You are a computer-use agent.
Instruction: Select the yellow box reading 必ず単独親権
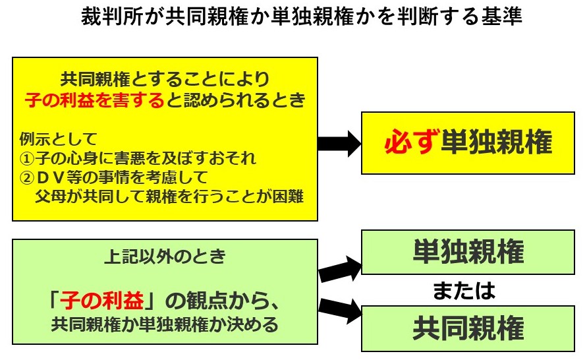point(467,142)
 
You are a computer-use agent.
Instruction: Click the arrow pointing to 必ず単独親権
point(339,142)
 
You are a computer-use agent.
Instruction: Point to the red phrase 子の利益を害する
point(94,100)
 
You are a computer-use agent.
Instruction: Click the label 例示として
point(58,140)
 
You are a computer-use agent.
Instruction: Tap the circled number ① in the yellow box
point(25,159)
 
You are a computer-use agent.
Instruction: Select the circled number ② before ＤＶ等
point(25,177)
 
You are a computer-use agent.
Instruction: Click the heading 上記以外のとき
point(165,256)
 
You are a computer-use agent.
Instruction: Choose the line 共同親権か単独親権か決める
point(165,324)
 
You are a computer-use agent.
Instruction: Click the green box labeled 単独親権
point(468,251)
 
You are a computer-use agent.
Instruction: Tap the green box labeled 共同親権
point(468,328)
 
